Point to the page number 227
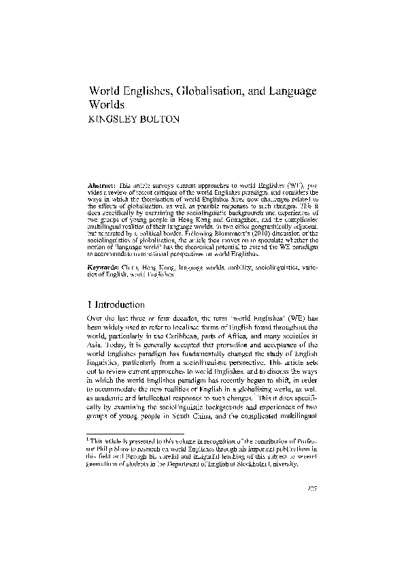312,488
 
